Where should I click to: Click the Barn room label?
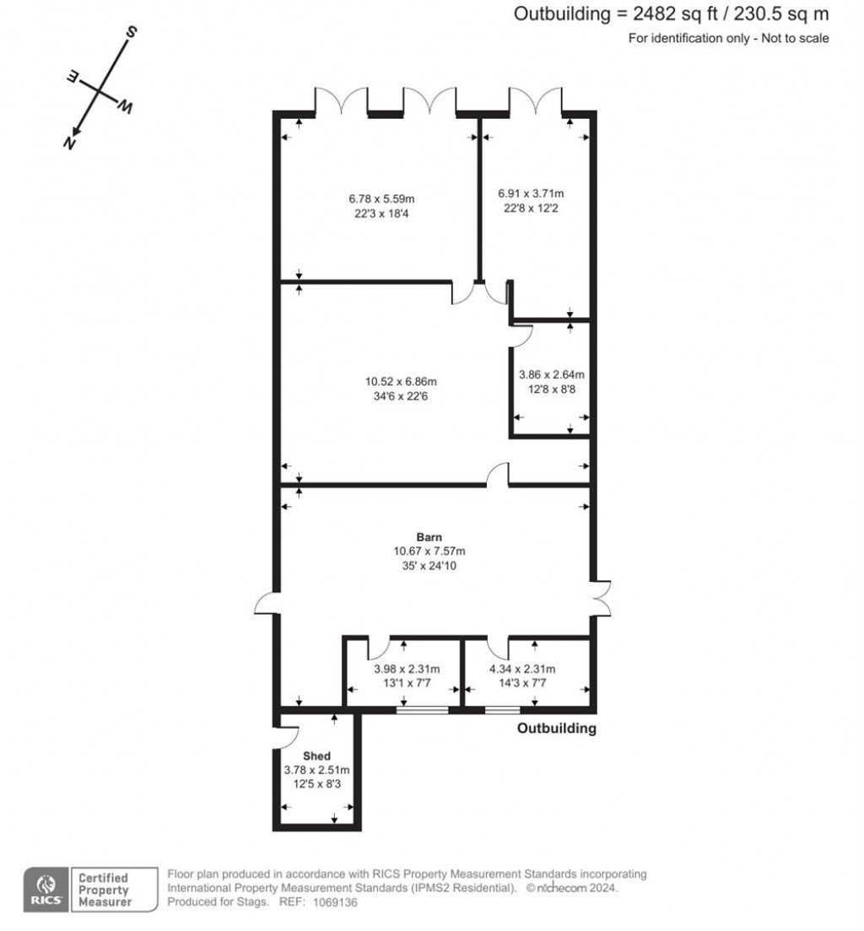click(429, 536)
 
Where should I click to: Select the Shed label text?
click(316, 756)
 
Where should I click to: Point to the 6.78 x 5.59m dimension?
click(381, 199)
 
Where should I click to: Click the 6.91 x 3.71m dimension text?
click(531, 193)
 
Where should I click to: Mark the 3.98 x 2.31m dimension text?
click(407, 670)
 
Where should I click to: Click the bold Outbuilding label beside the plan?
click(556, 729)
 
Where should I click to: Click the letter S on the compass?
click(132, 33)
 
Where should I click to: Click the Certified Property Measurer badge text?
click(104, 890)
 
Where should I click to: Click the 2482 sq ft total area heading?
click(671, 13)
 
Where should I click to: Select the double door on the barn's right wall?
click(601, 598)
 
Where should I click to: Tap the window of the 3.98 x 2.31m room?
click(422, 710)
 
